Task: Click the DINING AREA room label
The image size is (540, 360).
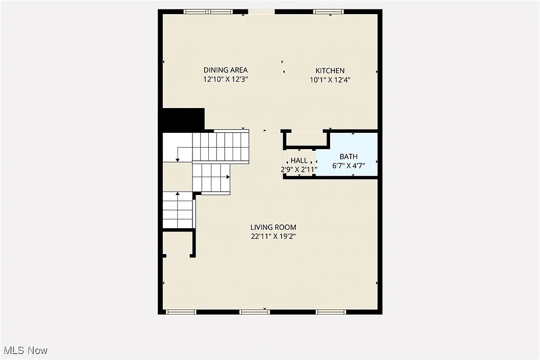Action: [226, 70]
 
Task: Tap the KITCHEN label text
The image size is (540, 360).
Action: [330, 71]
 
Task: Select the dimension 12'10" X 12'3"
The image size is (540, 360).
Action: [226, 80]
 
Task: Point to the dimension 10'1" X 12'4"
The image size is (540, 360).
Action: [330, 80]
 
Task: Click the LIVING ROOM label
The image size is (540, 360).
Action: [273, 227]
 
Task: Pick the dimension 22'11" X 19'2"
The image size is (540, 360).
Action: [273, 237]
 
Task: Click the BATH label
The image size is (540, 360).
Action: [348, 157]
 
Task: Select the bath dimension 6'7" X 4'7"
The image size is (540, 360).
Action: [349, 166]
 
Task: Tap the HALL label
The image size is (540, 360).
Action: [299, 161]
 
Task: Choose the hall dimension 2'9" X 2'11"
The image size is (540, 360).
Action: [299, 170]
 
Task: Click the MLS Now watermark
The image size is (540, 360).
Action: [25, 351]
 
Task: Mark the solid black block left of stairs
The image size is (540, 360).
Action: [183, 120]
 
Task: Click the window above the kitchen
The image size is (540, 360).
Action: [328, 12]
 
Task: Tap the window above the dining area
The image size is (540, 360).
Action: [208, 12]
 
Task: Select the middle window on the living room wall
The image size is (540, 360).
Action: [255, 312]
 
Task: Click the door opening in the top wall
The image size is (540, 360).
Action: [261, 12]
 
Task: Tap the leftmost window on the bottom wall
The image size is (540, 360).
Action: [181, 312]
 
